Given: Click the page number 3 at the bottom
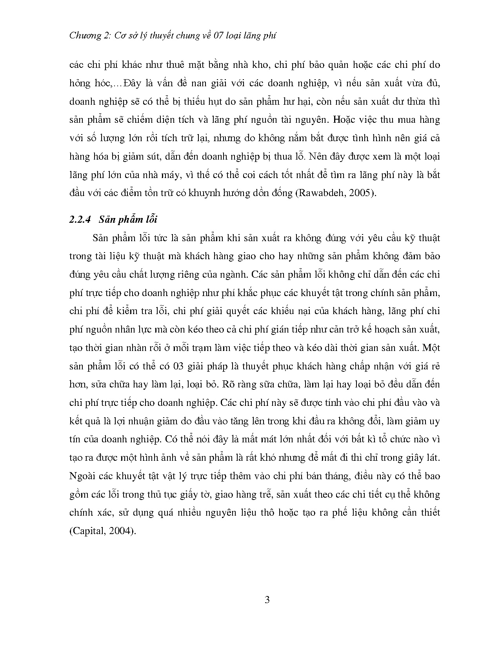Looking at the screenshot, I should [267, 600].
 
